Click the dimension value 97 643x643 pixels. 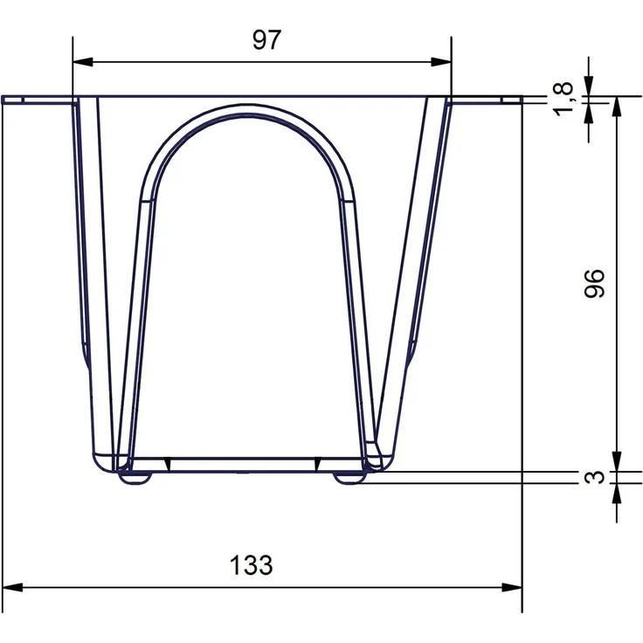266,40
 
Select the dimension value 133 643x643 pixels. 251,565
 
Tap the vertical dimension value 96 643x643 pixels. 594,283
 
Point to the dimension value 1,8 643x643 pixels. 563,99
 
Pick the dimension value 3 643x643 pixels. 594,477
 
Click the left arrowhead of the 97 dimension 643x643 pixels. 82,62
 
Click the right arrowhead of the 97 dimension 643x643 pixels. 441,62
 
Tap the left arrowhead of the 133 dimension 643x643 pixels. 12,587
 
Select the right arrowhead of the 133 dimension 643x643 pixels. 512,587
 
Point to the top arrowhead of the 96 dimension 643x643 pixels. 617,107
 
